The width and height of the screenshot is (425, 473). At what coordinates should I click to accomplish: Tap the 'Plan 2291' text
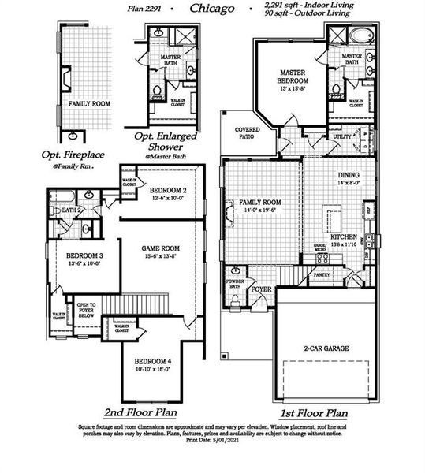(x=147, y=9)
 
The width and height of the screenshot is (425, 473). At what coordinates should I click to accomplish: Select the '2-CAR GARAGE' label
(x=326, y=348)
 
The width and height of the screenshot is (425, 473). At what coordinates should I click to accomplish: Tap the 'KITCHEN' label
(x=345, y=236)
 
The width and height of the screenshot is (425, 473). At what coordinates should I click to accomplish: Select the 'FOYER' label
(x=261, y=289)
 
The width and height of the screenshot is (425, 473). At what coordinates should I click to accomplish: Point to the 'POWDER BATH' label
(x=234, y=284)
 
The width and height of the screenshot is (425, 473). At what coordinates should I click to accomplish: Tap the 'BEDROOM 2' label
(x=168, y=191)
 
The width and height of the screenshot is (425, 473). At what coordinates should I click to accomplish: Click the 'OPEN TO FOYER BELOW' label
(x=86, y=310)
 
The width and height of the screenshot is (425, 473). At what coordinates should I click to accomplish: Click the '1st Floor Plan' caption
(x=314, y=412)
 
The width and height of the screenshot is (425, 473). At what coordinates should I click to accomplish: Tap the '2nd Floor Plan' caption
(x=140, y=412)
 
